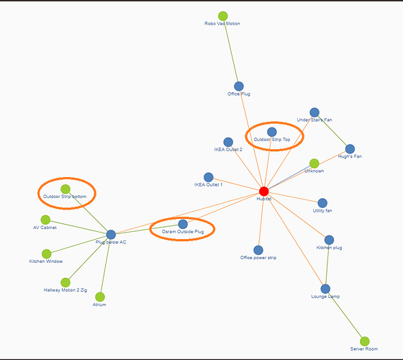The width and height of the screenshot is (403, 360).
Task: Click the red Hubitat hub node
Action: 263,191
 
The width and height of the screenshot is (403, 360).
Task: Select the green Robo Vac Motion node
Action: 223,16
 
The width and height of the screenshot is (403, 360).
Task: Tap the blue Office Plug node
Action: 238,86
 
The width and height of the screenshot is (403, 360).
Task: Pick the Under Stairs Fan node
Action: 314,112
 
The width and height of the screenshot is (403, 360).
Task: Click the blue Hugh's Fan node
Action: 350,148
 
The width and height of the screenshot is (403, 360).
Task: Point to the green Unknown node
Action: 314,163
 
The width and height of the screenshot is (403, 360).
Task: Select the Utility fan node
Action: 322,203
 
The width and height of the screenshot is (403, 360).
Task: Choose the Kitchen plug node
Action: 329,240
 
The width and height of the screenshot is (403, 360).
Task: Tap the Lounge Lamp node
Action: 325,289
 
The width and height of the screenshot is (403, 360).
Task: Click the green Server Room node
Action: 364,341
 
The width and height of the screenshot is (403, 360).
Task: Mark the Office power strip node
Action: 258,250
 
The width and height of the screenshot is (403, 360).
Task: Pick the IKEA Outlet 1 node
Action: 209,177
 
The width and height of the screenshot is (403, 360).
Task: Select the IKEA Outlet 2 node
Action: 228,143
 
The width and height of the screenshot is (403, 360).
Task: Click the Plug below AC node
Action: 111,234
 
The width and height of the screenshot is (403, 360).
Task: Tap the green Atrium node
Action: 100,297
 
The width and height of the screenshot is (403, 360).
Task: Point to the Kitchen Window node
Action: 47,253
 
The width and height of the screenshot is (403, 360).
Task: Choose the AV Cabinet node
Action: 45,220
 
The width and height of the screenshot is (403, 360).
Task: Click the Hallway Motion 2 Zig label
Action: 65,290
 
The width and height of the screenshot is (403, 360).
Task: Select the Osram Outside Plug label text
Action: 183,232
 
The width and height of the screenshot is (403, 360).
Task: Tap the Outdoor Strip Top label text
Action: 272,140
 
